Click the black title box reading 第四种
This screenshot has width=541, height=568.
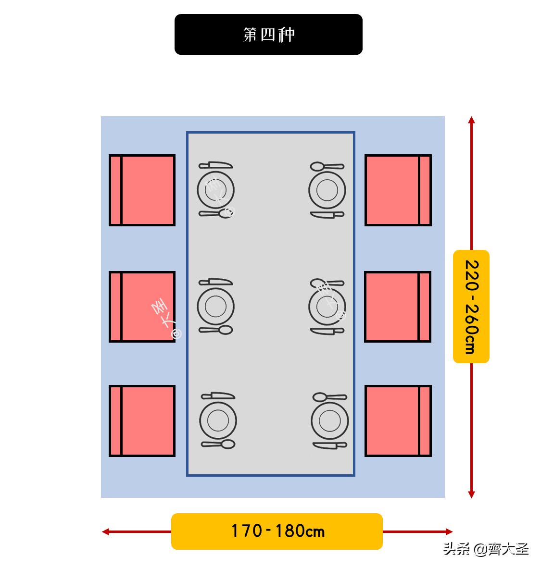[268, 34]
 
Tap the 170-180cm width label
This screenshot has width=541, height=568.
[277, 531]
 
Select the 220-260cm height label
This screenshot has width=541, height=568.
[471, 307]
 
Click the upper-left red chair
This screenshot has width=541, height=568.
[142, 190]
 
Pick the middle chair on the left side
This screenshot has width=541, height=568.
[142, 307]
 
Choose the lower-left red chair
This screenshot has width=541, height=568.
[142, 420]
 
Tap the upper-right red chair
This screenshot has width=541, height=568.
[398, 190]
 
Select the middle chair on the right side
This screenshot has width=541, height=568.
[398, 307]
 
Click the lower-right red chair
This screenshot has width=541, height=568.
[398, 420]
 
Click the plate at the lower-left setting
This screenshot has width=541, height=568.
[218, 420]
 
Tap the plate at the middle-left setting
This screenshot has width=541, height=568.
[215, 306]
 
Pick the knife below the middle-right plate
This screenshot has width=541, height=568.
[327, 331]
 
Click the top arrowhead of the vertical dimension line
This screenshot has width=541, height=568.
[472, 120]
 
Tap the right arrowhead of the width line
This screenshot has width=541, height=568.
[449, 531]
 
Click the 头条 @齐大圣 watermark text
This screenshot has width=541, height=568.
[486, 549]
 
